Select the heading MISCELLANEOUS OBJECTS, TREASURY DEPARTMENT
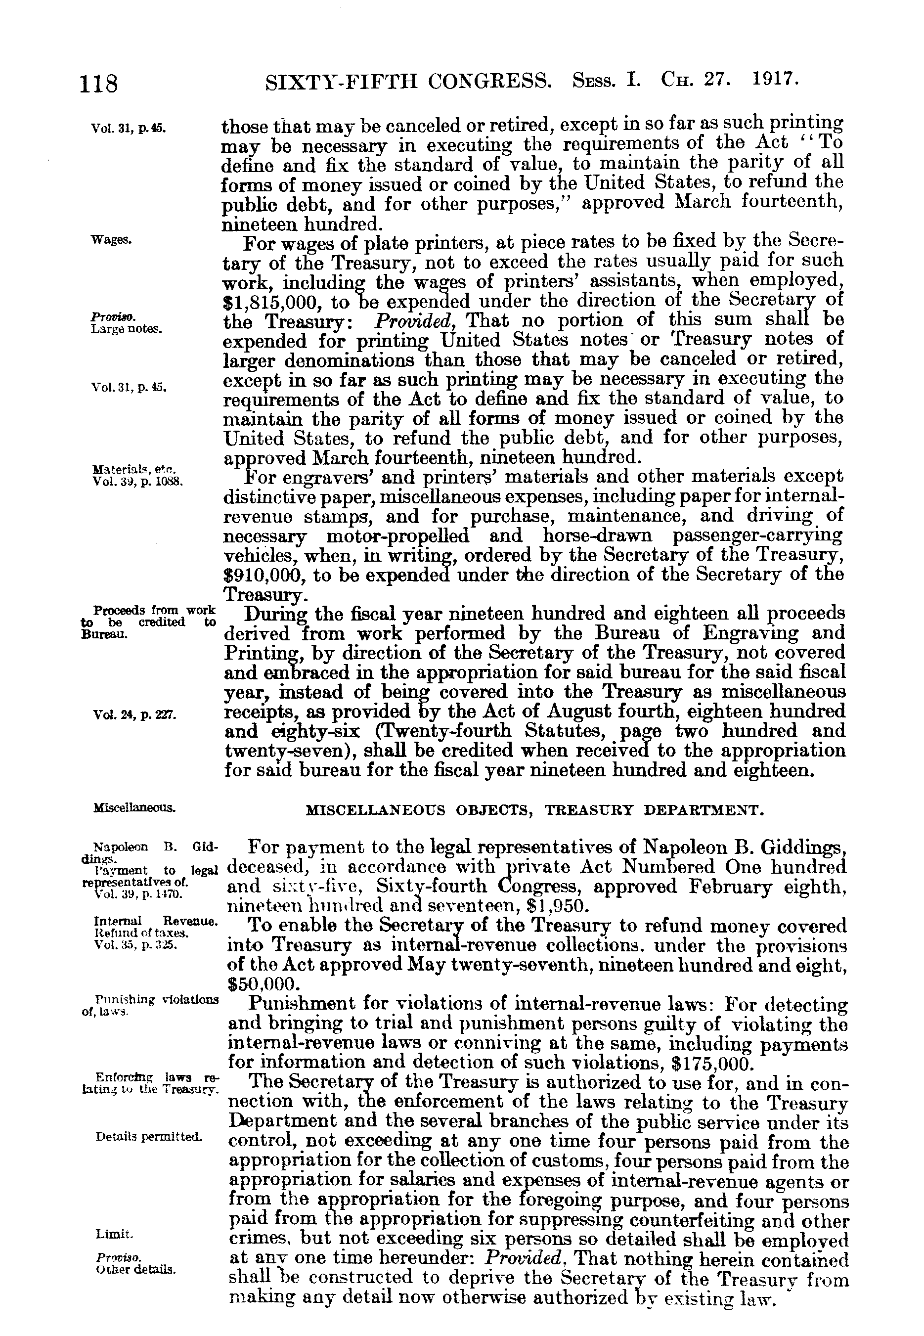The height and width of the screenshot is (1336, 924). (x=531, y=810)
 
